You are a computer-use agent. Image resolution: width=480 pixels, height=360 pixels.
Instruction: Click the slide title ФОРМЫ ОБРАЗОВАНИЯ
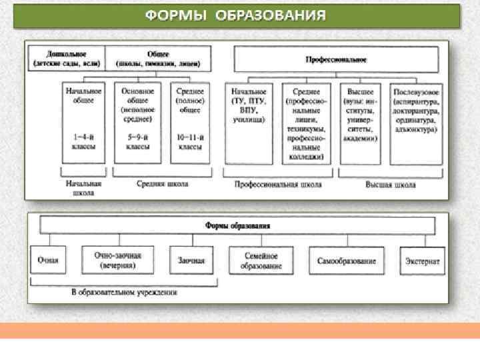237,15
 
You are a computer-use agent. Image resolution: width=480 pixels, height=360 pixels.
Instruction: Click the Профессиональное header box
336,59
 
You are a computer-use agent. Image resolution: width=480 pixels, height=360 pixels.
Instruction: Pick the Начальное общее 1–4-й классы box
83,123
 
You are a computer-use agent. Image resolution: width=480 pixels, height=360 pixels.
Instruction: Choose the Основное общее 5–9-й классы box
138,123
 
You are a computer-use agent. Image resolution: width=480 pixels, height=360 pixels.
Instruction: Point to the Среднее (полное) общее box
189,123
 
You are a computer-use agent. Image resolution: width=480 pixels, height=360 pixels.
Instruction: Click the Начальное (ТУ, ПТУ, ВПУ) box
249,123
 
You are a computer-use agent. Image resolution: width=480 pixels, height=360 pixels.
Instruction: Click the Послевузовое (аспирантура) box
415,123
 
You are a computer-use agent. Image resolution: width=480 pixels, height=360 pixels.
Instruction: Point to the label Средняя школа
162,184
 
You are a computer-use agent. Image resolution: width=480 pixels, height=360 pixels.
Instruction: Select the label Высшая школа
390,185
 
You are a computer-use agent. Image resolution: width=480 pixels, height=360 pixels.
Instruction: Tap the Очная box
48,261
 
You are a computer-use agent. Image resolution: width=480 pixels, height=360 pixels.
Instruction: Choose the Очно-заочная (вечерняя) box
117,261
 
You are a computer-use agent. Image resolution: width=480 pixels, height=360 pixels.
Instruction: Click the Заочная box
191,261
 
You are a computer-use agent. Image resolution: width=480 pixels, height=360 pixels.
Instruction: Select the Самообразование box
347,261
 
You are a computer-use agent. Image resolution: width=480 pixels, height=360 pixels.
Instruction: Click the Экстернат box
423,261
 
